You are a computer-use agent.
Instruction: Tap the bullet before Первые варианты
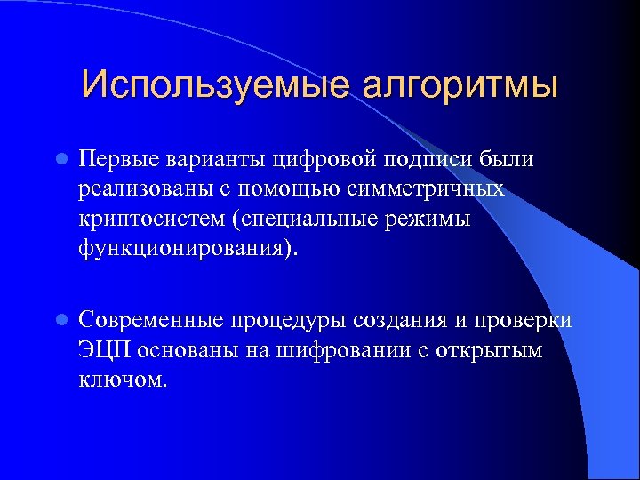(60, 160)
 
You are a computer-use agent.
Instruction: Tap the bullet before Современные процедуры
(60, 320)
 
